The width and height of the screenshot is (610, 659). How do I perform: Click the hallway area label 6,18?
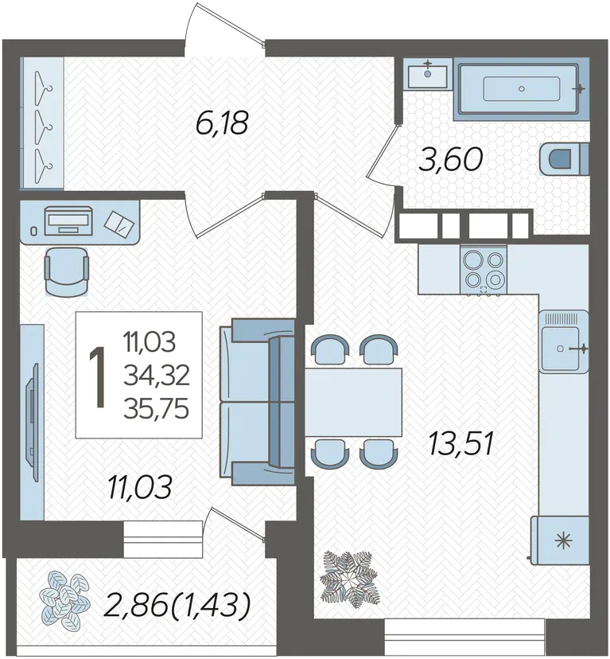[x=222, y=123]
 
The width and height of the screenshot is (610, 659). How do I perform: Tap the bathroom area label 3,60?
[x=450, y=160]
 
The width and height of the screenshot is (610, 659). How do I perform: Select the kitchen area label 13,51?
[x=460, y=445]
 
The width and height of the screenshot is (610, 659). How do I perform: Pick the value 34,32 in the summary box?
[x=157, y=376]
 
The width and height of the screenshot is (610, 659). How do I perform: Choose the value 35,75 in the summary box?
[x=157, y=409]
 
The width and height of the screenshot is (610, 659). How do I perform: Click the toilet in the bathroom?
[x=563, y=158]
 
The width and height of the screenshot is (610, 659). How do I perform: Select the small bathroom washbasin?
[x=428, y=73]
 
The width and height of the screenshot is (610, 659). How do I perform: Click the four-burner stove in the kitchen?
[x=484, y=269]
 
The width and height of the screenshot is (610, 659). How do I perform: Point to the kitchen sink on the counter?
[x=563, y=341]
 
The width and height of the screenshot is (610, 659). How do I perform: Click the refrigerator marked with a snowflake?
[x=560, y=540]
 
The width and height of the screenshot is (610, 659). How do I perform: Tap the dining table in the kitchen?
[x=353, y=402]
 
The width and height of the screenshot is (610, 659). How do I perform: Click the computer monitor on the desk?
[x=68, y=220]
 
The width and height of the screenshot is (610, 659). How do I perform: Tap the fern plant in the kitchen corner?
[x=349, y=579]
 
